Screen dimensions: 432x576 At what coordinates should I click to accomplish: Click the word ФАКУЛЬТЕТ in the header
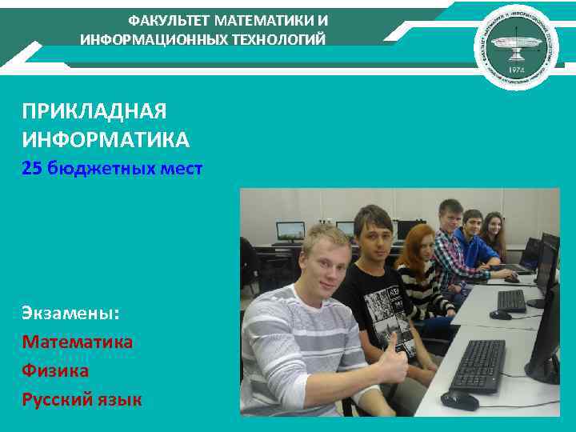(x=164, y=20)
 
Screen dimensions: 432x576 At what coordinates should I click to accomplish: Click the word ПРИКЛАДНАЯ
(x=94, y=111)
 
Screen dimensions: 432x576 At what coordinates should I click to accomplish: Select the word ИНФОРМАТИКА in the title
(x=106, y=141)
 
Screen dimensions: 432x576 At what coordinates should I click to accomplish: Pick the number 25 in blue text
(x=32, y=169)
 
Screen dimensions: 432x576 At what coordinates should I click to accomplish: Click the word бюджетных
(x=104, y=169)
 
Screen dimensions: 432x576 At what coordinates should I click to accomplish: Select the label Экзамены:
(x=70, y=312)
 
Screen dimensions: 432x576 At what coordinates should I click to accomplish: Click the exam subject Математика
(x=78, y=342)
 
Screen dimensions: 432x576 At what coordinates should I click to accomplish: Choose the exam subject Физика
(x=55, y=370)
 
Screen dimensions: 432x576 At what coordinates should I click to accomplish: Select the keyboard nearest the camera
(x=478, y=366)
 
